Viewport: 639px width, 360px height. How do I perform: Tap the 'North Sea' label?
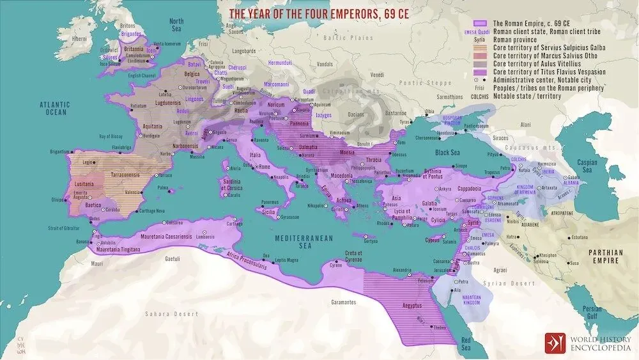(176, 25)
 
